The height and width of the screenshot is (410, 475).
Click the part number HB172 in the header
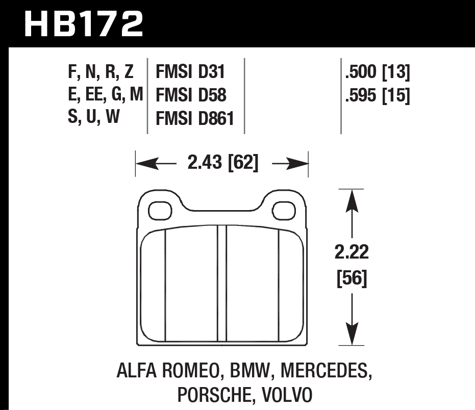[84, 23]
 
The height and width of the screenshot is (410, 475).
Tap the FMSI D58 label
[190, 95]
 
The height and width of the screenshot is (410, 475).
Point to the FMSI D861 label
[194, 118]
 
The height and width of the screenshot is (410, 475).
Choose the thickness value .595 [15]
[378, 95]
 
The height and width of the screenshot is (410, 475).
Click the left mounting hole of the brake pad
[159, 210]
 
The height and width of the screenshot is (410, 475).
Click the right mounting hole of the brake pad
[283, 210]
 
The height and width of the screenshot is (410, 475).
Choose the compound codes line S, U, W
[93, 118]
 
